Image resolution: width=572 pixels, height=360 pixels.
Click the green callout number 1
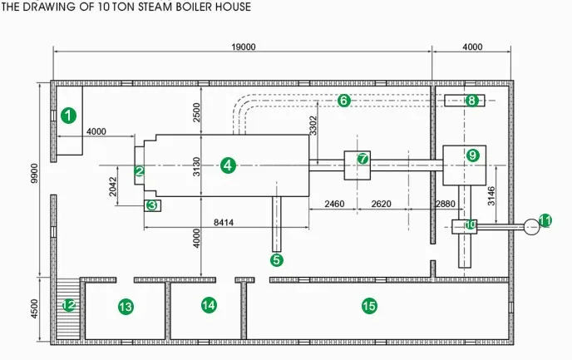coord(69,115)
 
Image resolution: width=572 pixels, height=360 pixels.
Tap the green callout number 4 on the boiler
coord(228,165)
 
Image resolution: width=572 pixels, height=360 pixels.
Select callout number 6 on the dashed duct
coord(344,100)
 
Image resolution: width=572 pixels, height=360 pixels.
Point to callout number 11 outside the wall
coord(545,220)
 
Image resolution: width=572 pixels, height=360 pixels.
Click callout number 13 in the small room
coord(126,307)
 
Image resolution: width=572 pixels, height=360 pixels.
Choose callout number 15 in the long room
coord(369,306)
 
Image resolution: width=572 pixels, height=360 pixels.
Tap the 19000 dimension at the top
coord(244,47)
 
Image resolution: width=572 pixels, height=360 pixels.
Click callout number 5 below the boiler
coord(277,259)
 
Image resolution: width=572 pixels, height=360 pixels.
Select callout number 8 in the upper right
coord(471,101)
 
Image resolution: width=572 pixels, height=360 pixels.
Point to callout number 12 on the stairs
coord(70,306)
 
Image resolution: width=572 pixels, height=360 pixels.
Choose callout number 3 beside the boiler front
coord(151,205)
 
